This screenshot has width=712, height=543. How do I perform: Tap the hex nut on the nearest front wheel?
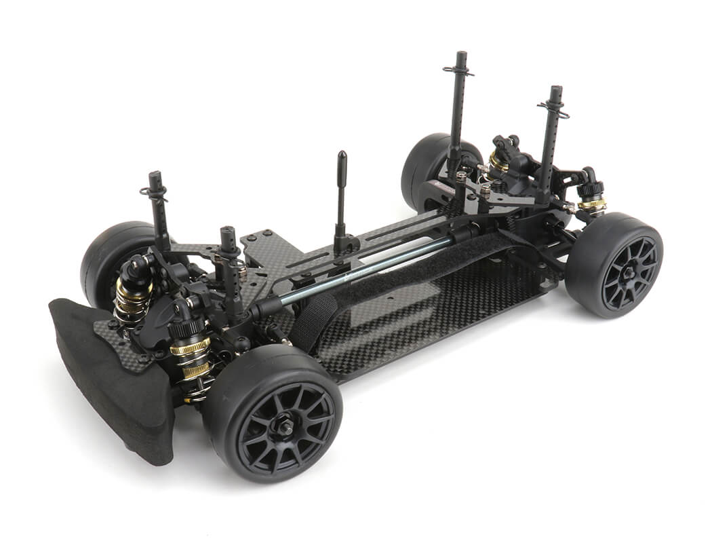pos(285,428)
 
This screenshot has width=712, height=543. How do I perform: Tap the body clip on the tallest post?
pos(458,71)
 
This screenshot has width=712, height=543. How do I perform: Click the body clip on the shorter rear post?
pos(553,107)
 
